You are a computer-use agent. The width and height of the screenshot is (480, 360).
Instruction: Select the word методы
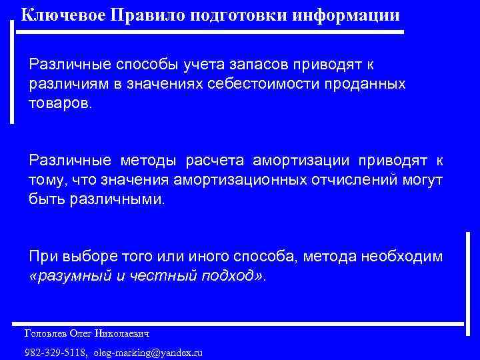149,161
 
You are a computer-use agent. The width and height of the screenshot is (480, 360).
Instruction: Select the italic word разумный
71,276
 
